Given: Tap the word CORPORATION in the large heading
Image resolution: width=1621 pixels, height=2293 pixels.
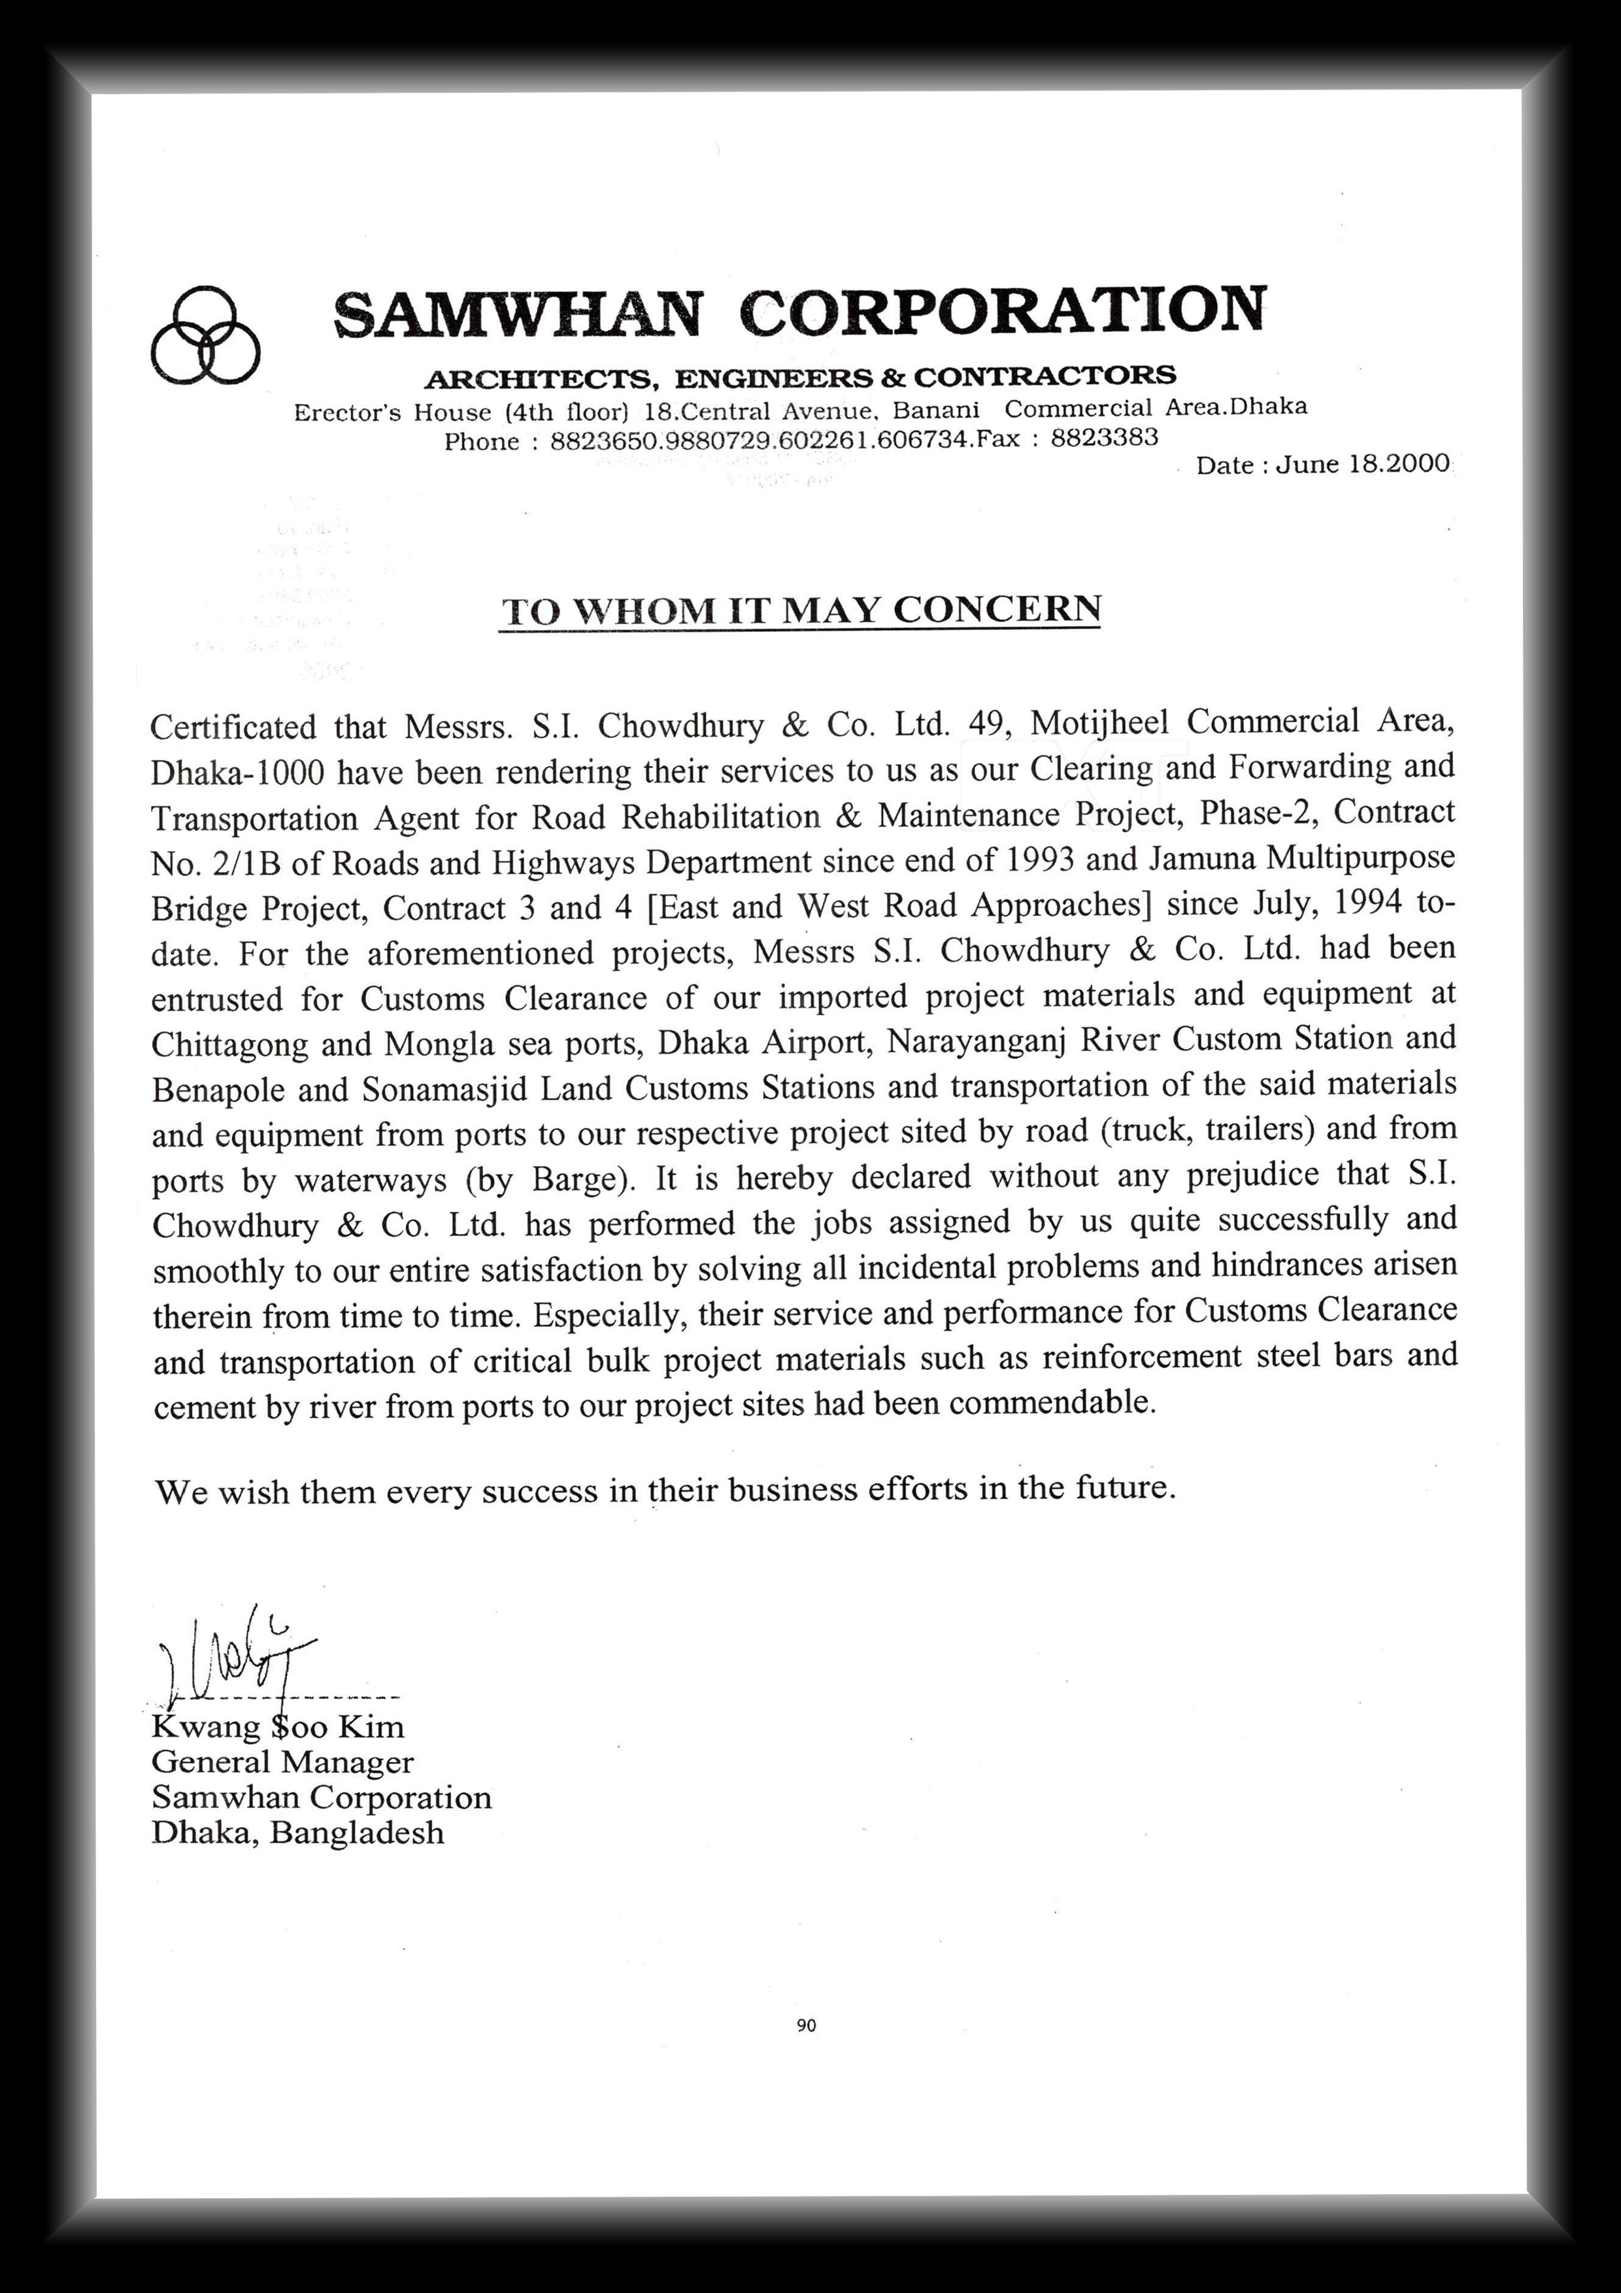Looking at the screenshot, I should point(1003,309).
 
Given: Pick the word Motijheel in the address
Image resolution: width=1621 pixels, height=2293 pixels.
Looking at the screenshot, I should point(1099,722).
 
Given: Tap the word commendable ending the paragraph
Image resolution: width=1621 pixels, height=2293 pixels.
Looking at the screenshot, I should point(1052,1403).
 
